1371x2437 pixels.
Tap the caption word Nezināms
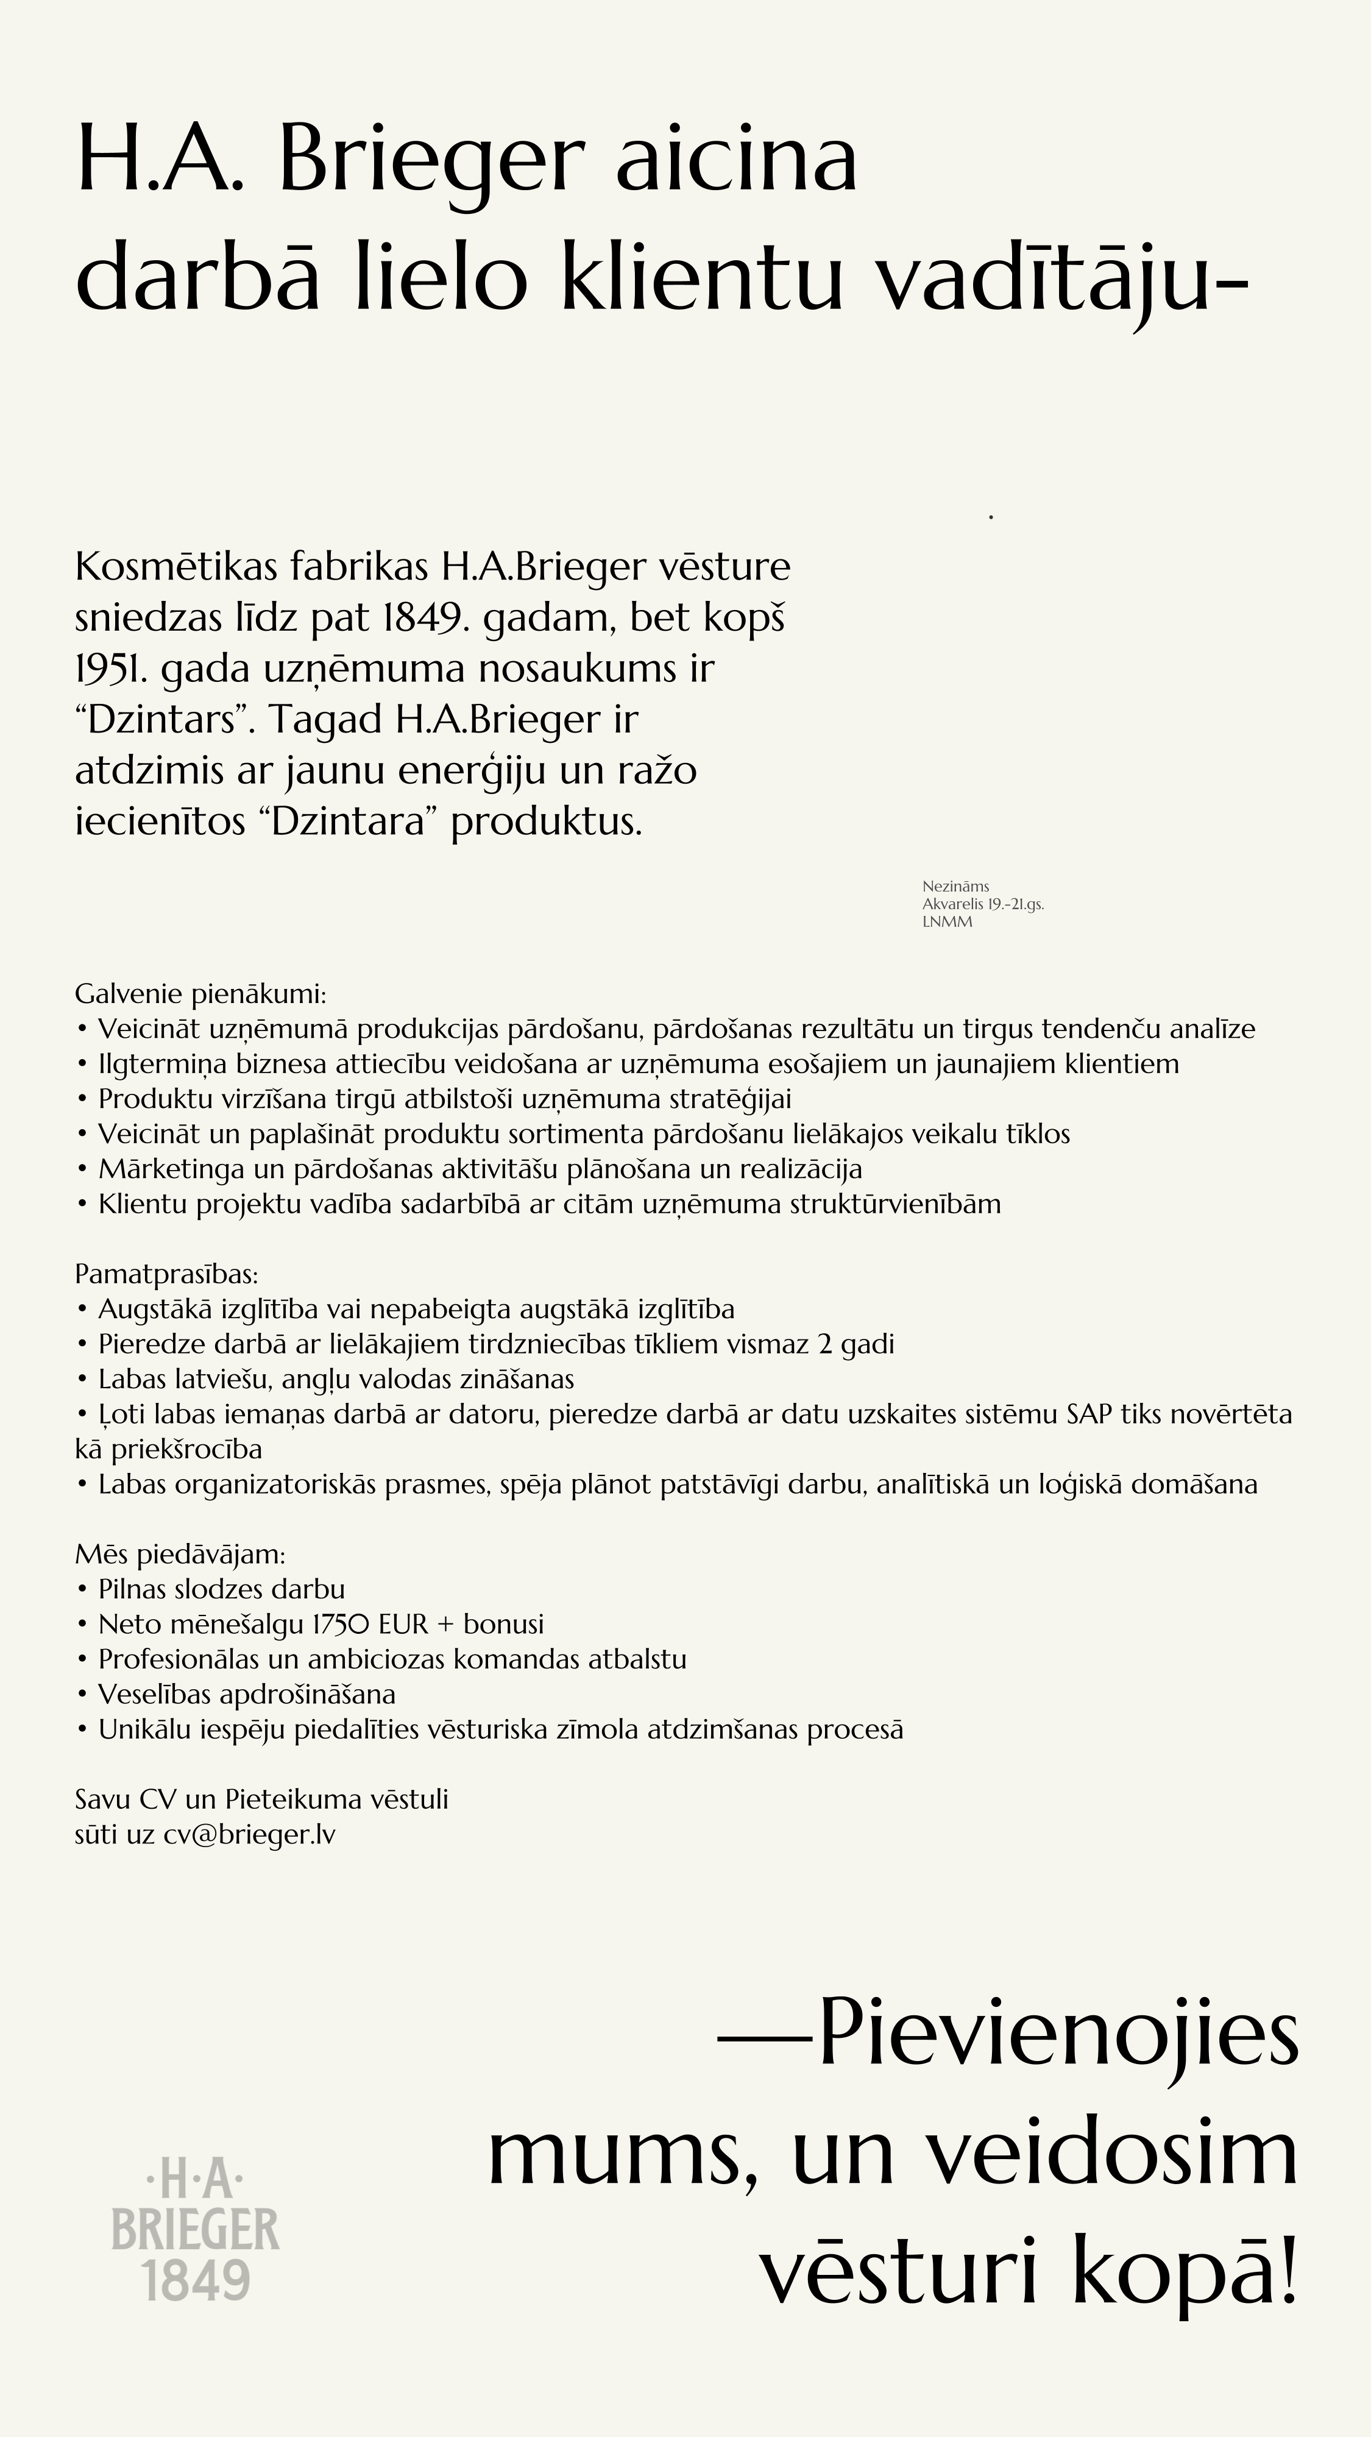[x=955, y=887]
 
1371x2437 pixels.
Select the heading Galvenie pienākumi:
[x=200, y=995]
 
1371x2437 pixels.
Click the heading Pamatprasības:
[x=166, y=1274]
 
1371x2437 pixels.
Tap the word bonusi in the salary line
[x=503, y=1624]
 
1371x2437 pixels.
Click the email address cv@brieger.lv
[x=249, y=1834]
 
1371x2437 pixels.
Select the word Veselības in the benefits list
[x=156, y=1694]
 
